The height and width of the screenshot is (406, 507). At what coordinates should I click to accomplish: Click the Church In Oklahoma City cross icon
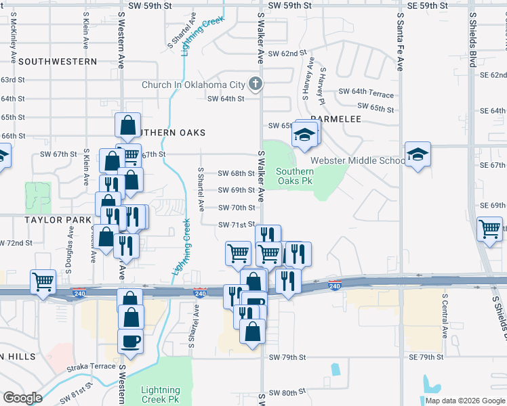coord(256,85)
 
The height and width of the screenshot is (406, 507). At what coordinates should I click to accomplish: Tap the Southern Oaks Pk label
coord(295,176)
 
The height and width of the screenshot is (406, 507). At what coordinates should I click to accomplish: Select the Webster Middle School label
coord(358,160)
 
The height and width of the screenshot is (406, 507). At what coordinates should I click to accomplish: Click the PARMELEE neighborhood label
coord(336,118)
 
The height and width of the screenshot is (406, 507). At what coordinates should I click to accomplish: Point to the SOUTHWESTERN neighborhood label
coord(58,62)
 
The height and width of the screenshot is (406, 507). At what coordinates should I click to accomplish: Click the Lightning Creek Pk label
coord(161,394)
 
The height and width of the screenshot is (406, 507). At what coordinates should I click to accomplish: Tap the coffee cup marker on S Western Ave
coord(130,341)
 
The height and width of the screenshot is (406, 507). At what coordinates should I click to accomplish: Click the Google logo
coord(22,398)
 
